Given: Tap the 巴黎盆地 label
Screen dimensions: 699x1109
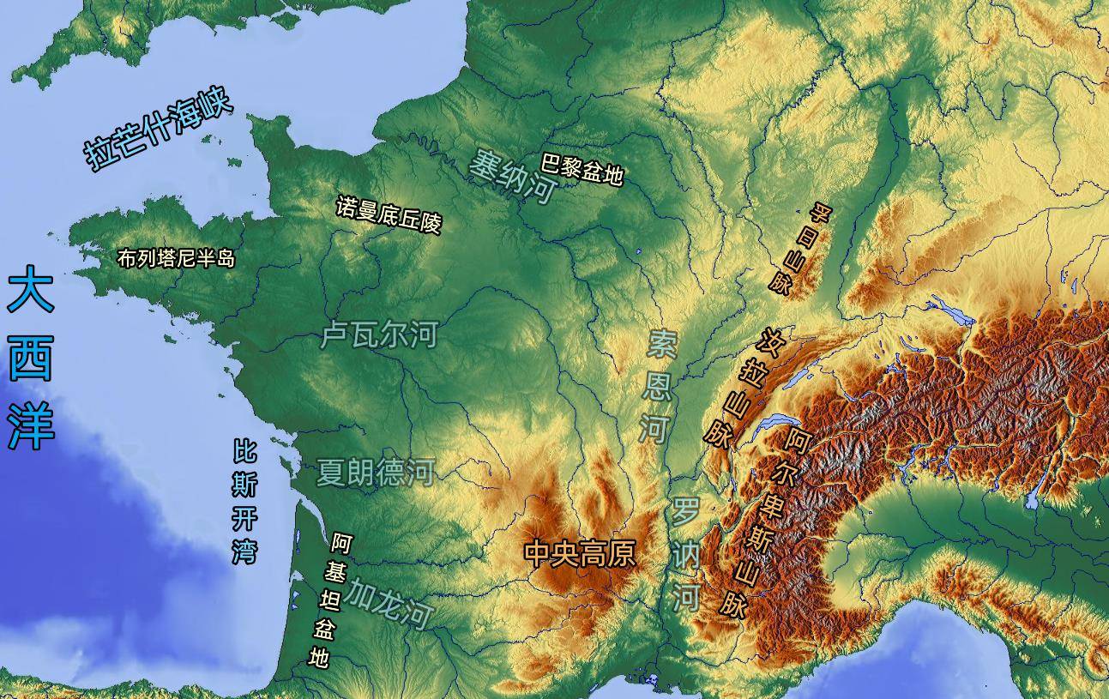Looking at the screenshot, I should coord(582,169).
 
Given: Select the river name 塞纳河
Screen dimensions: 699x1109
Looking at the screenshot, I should coord(513,175).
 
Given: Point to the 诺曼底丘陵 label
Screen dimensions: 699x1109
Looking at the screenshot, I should coord(388,214).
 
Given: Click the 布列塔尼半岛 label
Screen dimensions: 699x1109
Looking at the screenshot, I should coord(176,258).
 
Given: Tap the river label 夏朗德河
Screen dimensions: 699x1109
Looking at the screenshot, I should coord(376,472).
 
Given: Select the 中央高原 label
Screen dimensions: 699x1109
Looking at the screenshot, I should coord(581,553).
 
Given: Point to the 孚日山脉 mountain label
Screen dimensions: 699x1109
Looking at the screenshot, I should coord(799,249).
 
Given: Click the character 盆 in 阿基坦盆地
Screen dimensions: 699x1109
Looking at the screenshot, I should coord(323,629).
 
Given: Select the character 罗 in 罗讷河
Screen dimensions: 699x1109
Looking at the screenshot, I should coord(685,511).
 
